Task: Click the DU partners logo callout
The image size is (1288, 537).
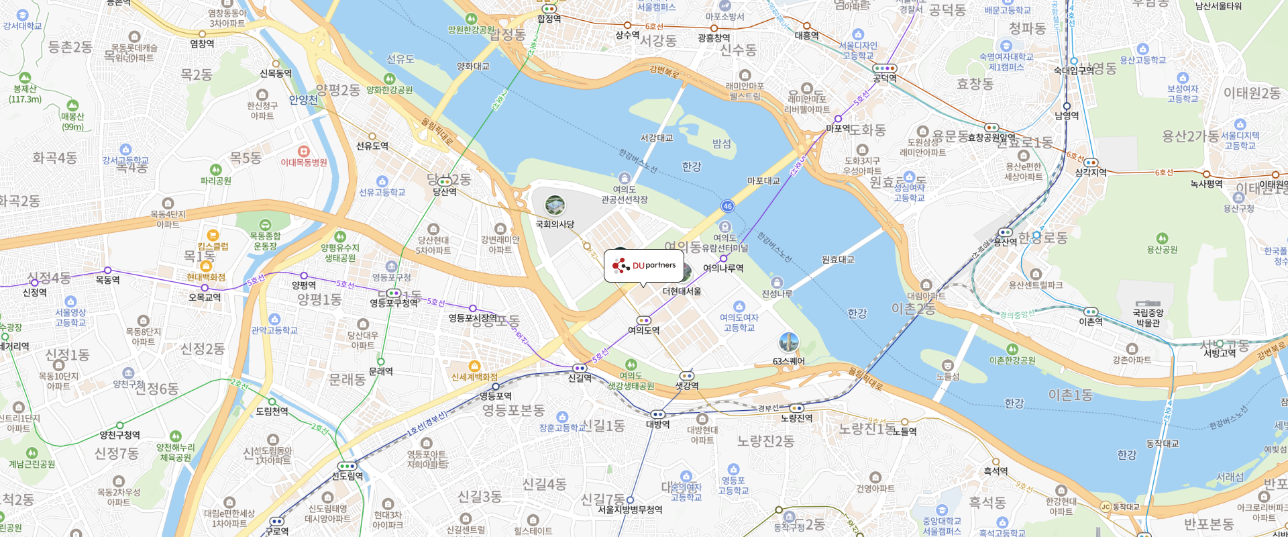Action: point(643,266)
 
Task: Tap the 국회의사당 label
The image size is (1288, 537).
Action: point(555,224)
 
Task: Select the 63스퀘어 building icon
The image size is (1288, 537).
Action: point(788,342)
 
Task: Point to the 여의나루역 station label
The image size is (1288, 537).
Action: point(723,268)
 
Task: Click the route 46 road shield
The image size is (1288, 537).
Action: point(727,206)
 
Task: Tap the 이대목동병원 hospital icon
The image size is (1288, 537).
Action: point(303,151)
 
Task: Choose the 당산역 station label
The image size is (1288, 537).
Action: point(444,192)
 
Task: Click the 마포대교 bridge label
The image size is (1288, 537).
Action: point(763,181)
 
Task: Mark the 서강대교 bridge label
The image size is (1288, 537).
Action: point(656,138)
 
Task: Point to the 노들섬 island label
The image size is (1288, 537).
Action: point(947,377)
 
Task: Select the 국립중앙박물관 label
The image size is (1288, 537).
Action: point(1148,318)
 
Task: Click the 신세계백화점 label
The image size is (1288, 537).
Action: point(474,377)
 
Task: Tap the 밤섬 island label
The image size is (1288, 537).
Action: point(721,144)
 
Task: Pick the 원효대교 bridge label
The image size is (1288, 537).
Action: point(838,260)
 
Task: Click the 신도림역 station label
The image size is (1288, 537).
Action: point(347,477)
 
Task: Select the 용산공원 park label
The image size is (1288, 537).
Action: point(1162,250)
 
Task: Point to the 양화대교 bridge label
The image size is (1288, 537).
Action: point(473,66)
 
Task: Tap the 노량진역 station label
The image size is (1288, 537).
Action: point(796,418)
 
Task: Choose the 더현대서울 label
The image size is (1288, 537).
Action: point(682,291)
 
